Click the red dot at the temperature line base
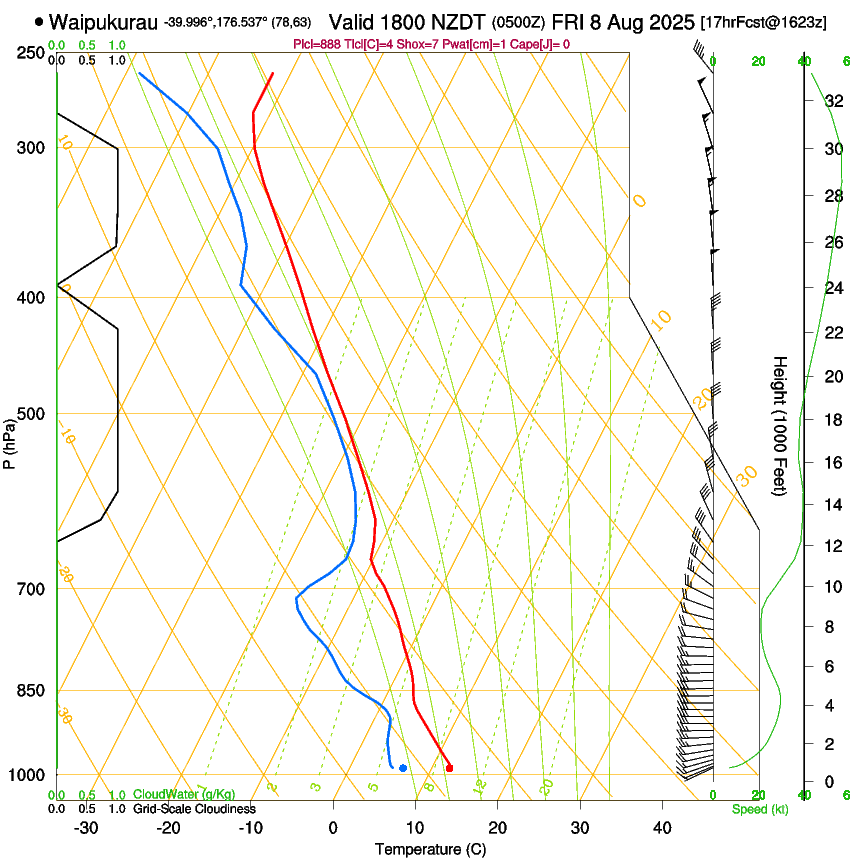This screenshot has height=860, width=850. pos(449,768)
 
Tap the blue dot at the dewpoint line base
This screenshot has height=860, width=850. pos(403,768)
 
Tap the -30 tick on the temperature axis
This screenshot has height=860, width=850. pos(86,828)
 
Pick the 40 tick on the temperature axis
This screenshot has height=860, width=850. pos(662,828)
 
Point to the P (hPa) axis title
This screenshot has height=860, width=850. pos(10,441)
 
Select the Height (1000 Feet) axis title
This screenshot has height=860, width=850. pos(780,425)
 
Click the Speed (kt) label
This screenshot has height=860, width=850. pos(759,809)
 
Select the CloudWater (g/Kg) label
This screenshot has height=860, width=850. pos(184,795)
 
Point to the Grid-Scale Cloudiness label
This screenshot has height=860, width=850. pos(194,809)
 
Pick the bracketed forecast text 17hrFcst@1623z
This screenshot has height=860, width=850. pos(764,22)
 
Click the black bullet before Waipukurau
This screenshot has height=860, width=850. pos(39,21)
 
